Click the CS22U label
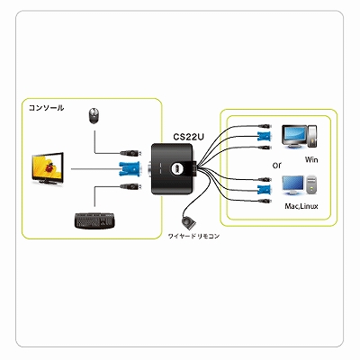point(189,137)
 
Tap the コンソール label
point(46,108)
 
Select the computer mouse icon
point(94,115)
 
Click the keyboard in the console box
point(94,221)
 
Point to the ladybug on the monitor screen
point(49,166)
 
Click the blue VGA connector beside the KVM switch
point(130,169)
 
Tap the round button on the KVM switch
point(176,169)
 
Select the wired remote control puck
point(188,223)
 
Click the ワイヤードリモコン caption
point(193,237)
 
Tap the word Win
point(311,159)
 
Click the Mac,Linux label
point(301,206)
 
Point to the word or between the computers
point(277,165)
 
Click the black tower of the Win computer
point(312,136)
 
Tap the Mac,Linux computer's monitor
point(292,186)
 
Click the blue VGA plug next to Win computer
point(265,137)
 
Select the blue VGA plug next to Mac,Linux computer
point(265,190)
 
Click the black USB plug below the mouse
point(130,153)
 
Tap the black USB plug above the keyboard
point(130,186)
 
